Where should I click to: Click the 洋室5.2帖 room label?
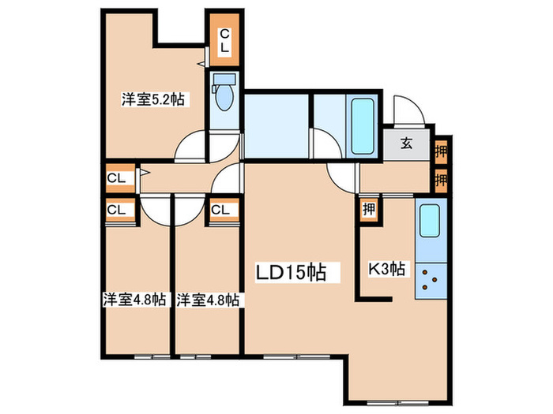[153, 99]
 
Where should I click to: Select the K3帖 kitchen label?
[388, 270]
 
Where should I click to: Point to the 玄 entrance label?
[406, 144]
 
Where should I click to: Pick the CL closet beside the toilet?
[224, 40]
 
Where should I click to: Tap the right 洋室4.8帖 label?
[209, 300]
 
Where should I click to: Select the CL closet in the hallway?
[118, 177]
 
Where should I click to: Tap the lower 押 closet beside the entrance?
[442, 178]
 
